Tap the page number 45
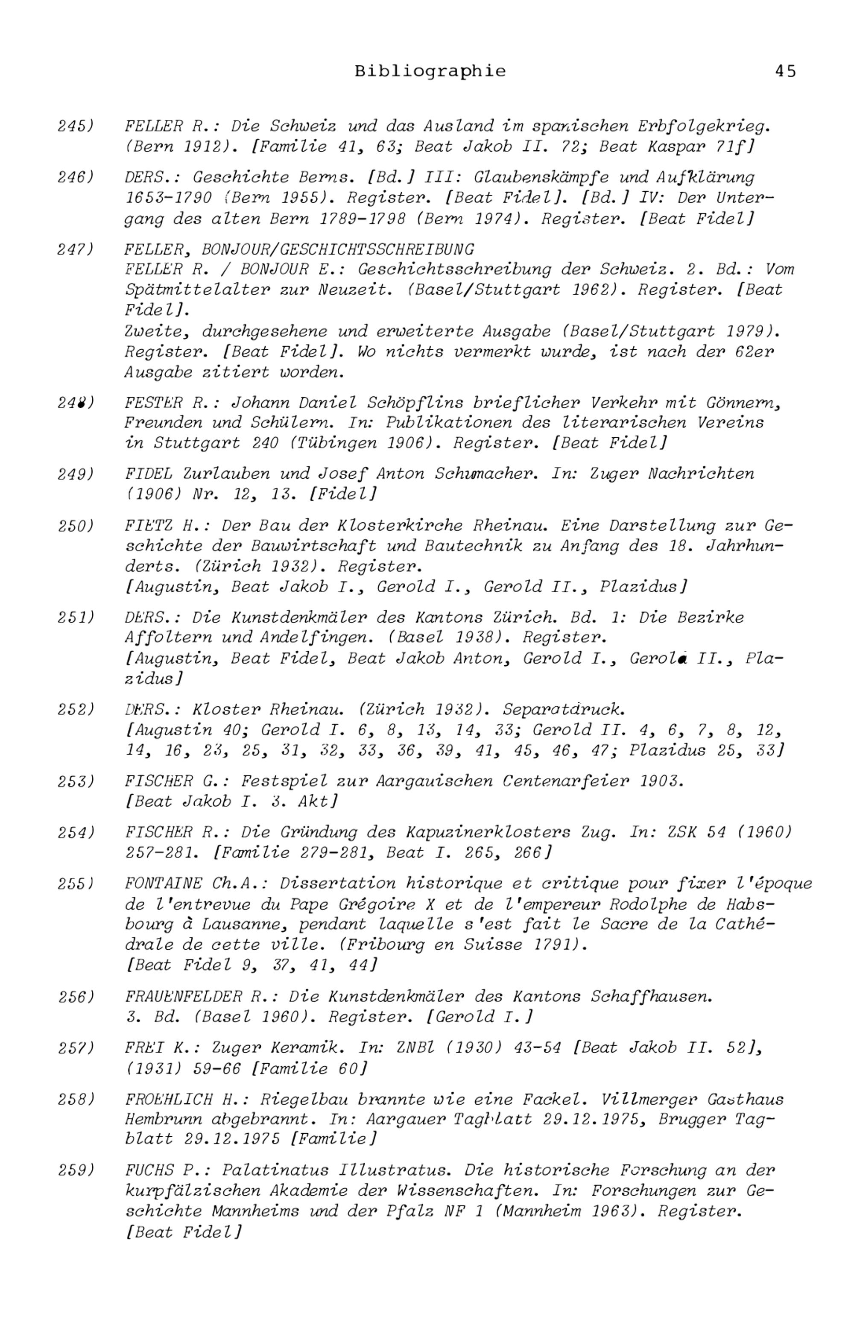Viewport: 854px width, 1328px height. pyautogui.click(x=785, y=72)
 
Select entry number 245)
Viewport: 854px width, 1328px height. pyautogui.click(x=76, y=126)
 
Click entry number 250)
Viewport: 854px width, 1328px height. pyautogui.click(x=76, y=526)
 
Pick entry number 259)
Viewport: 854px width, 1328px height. pyautogui.click(x=76, y=1170)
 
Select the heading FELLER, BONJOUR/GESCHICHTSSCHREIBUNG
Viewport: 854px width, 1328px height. pyautogui.click(x=299, y=249)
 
